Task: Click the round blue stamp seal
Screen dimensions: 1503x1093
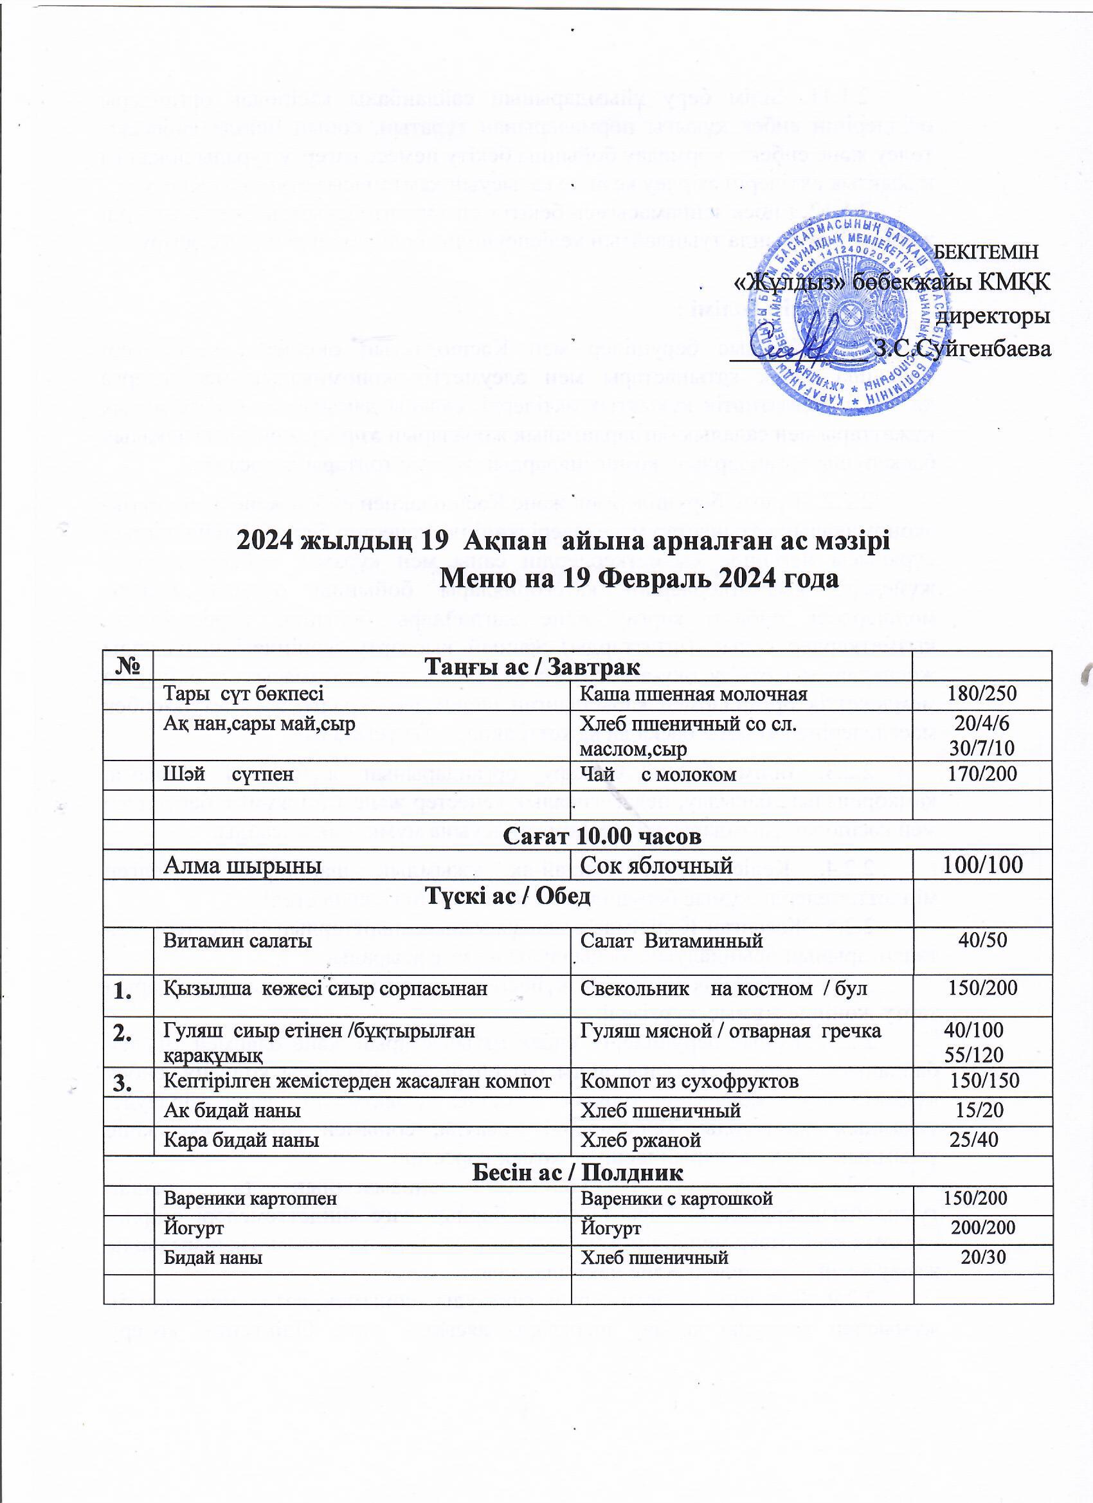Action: (x=845, y=317)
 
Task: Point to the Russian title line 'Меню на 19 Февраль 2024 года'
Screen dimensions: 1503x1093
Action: (x=640, y=579)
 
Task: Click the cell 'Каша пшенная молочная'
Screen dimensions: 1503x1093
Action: (x=693, y=694)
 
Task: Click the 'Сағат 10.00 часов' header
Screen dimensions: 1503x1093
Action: (x=602, y=836)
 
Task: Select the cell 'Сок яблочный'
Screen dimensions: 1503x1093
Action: (x=656, y=864)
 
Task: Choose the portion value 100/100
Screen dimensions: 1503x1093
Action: (x=982, y=864)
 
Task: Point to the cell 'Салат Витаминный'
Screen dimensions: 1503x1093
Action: (x=671, y=941)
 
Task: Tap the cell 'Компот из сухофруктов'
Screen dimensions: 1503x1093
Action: (x=689, y=1081)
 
